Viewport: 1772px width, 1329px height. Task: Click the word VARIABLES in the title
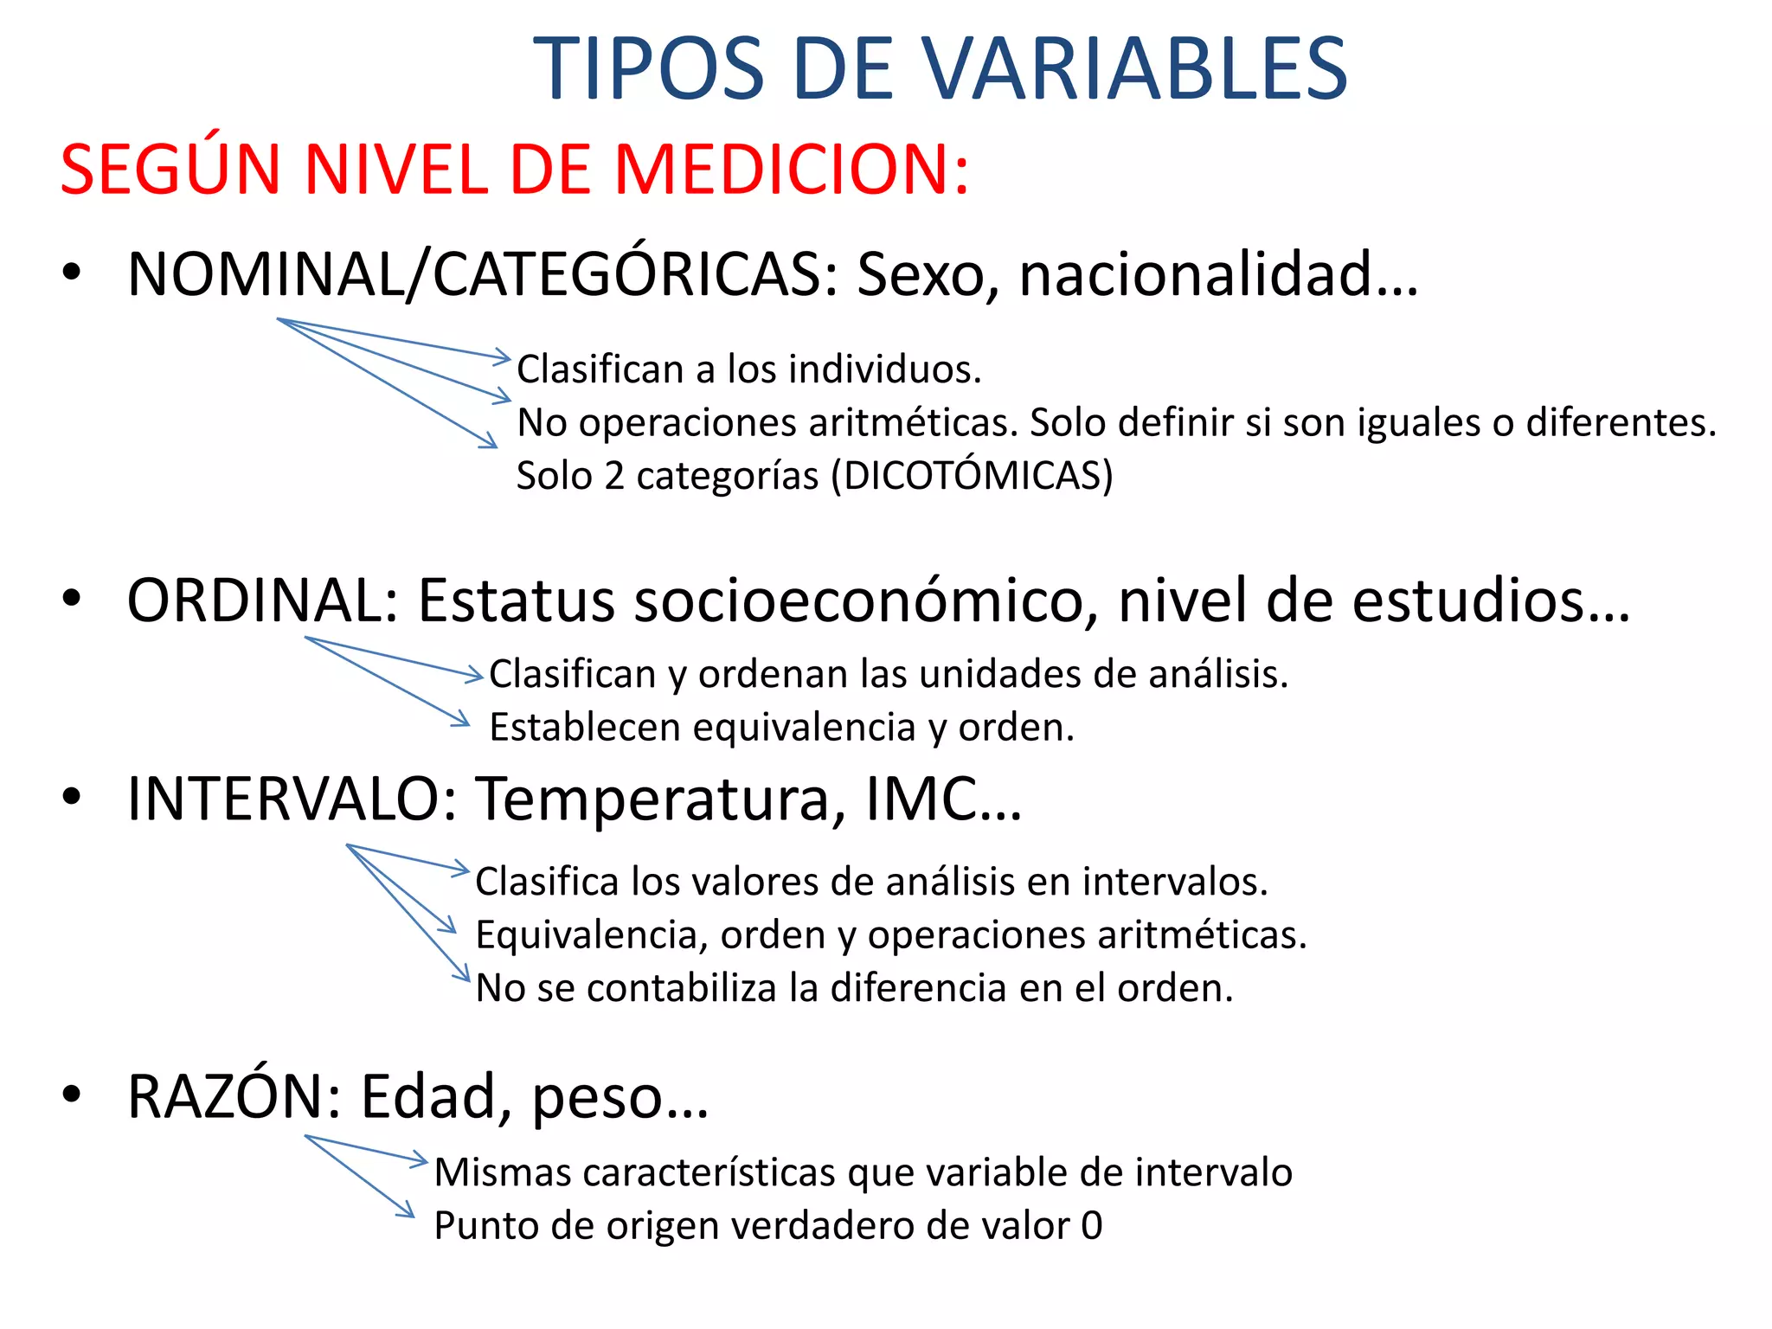pyautogui.click(x=1133, y=69)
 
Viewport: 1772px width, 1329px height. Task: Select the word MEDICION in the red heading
pyautogui.click(x=783, y=169)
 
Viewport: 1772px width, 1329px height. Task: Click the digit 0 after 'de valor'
pyautogui.click(x=1092, y=1226)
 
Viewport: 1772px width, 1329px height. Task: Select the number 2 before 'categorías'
pyautogui.click(x=614, y=476)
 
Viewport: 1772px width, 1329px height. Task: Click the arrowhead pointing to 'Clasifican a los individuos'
pyautogui.click(x=504, y=356)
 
